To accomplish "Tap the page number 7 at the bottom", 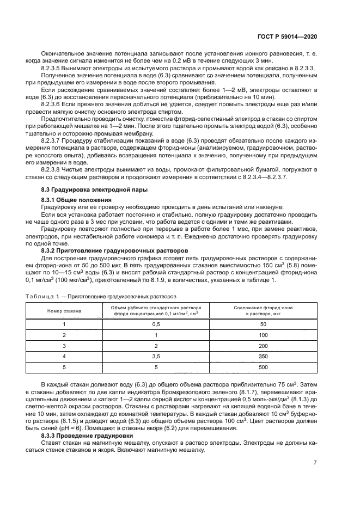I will point(315,463).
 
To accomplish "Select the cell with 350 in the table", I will point(263,357).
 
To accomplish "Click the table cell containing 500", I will point(263,367).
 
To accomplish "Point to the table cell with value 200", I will point(263,346).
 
